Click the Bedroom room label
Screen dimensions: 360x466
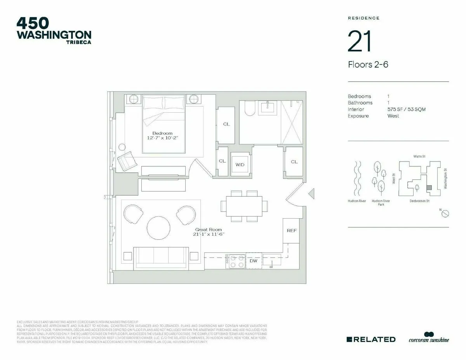[x=162, y=133]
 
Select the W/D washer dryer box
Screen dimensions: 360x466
[x=240, y=165]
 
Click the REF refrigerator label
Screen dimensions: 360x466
[x=292, y=231]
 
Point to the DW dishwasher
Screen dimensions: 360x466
[x=253, y=261]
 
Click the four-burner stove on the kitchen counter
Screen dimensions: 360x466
[x=236, y=261]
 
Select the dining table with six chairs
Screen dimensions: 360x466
[x=244, y=206]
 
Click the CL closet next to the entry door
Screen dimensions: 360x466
[x=294, y=162]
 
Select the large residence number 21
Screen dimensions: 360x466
[x=360, y=42]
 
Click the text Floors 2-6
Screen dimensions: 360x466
[x=368, y=64]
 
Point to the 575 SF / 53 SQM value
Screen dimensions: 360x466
[x=406, y=110]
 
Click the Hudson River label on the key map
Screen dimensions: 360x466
[x=356, y=201]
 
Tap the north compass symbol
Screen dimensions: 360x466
[x=446, y=213]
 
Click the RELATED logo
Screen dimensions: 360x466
[x=371, y=339]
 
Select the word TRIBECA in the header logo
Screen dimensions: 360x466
[x=78, y=42]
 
